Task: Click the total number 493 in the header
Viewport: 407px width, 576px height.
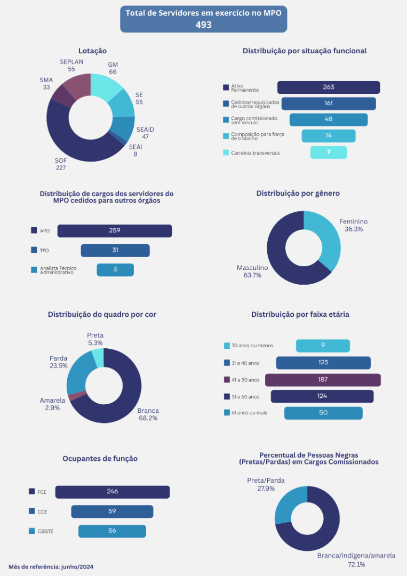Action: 203,25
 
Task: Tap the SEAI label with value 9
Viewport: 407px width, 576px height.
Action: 135,150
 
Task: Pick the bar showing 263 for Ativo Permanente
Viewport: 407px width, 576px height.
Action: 328,87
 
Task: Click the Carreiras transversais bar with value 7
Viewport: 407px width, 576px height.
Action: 328,153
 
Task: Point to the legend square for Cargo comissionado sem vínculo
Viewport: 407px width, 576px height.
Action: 226,120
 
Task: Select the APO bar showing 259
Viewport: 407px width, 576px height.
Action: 114,231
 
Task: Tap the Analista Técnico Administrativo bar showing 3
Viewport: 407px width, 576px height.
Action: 115,270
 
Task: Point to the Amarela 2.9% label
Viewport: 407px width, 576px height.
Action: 52,404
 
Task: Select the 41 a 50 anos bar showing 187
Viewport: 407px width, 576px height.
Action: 323,380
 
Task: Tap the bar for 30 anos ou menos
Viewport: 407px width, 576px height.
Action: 323,346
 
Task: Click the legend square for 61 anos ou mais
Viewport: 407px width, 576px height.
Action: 226,413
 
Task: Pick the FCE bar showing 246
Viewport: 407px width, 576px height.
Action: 112,492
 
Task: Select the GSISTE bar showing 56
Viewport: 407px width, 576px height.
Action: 112,531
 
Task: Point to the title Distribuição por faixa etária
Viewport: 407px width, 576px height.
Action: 300,315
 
